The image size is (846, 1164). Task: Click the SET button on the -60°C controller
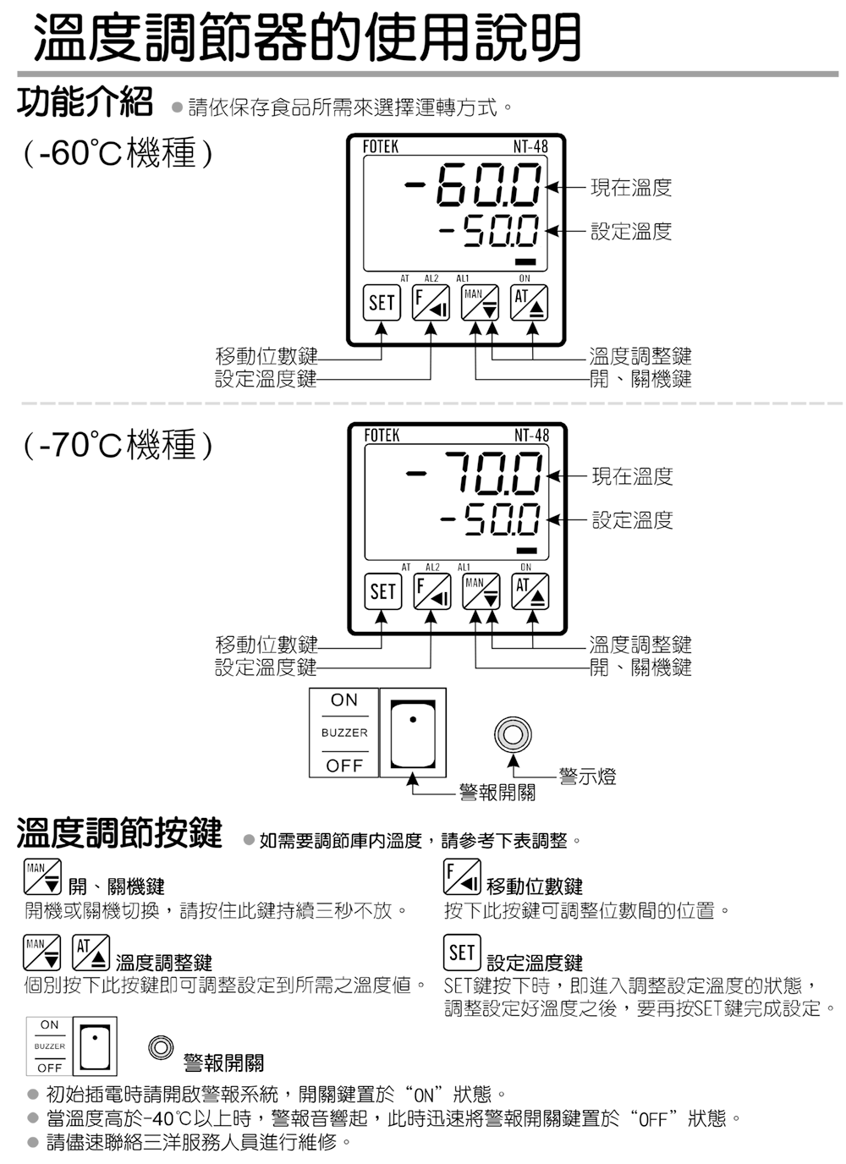[382, 302]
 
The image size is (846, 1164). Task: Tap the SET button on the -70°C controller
[382, 591]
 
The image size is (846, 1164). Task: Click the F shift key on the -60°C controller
[431, 302]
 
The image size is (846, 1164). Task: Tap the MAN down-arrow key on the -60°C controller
[480, 302]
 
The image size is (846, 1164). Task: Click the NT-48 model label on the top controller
[530, 146]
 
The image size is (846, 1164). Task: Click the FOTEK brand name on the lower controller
[382, 436]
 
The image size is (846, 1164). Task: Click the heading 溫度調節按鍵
[120, 832]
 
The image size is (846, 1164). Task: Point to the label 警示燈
[587, 776]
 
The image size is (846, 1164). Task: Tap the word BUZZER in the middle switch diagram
[344, 733]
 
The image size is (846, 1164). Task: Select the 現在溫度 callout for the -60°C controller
[631, 187]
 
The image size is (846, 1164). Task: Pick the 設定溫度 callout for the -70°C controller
[632, 519]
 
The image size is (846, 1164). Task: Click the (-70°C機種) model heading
[118, 444]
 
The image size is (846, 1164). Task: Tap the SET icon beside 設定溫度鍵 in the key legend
[462, 952]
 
